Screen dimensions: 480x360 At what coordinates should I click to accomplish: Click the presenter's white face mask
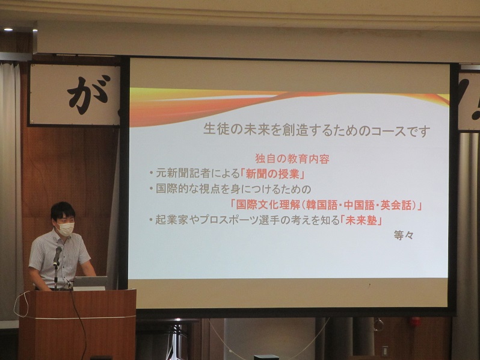66,229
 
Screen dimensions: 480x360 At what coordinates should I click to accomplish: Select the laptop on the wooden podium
90,283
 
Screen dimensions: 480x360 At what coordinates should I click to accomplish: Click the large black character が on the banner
88,95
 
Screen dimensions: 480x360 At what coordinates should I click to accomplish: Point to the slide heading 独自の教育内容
292,159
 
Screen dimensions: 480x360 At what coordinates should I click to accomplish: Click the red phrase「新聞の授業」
273,174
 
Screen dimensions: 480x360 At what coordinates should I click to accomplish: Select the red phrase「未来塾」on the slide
362,220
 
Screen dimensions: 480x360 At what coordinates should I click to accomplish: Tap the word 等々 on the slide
404,235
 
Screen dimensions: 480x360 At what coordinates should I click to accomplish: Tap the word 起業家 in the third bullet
171,220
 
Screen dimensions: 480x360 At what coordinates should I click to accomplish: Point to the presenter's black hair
63,210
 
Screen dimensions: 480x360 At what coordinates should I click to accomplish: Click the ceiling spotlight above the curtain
8,29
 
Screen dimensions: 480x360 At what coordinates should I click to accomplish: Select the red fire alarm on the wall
416,321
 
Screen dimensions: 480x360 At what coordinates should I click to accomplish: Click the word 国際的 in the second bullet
172,189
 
